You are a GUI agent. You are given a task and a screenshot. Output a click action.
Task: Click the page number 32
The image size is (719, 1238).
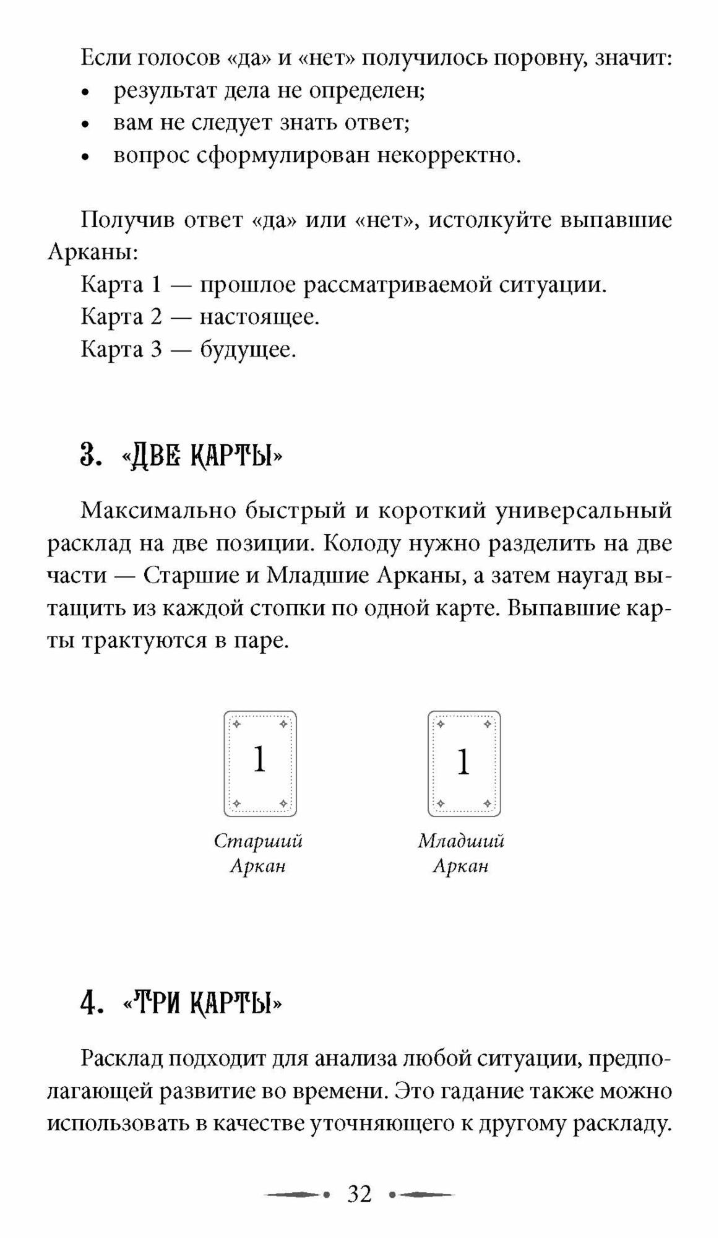359,1194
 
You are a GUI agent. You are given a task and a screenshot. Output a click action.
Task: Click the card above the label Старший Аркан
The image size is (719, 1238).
260,763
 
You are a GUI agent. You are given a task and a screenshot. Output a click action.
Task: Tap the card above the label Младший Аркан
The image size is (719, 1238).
464,763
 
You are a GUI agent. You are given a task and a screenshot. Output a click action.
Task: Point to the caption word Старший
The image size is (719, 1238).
258,841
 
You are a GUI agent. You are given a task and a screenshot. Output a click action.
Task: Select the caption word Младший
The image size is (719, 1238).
461,841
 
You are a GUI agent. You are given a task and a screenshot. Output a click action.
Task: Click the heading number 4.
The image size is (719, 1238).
90,1003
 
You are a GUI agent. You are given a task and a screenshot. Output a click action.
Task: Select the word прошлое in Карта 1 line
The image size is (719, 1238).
248,285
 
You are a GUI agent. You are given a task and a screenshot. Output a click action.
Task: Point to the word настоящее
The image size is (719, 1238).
259,318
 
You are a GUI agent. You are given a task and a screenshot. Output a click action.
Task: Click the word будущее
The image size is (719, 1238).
248,350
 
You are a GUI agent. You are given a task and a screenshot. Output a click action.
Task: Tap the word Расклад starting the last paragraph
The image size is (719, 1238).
121,1059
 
